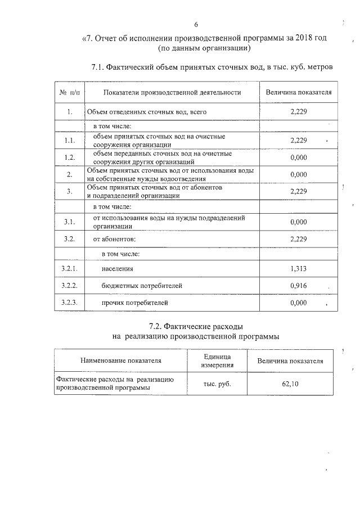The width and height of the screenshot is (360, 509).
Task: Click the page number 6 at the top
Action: [196, 25]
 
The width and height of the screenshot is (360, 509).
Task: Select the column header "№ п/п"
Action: [69, 92]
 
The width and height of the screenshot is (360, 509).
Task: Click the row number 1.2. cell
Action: [69, 157]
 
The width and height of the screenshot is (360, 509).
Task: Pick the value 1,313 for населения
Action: [298, 269]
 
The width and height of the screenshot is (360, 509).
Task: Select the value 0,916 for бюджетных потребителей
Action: [298, 286]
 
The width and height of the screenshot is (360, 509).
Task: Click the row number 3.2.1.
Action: [69, 269]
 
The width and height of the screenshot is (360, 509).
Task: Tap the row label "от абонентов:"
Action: [115, 239]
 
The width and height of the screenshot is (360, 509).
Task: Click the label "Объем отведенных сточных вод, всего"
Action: [143, 112]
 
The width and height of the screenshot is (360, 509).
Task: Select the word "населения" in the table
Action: [117, 269]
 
